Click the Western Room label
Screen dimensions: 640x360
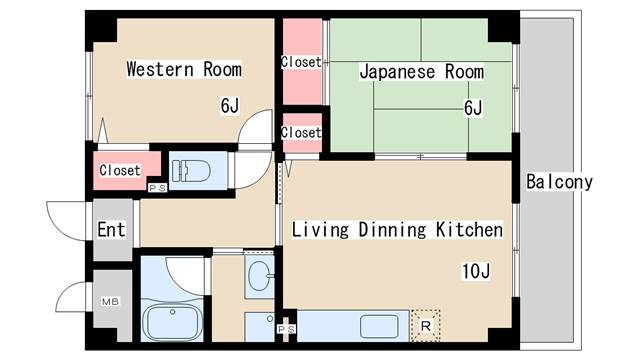[x=184, y=69]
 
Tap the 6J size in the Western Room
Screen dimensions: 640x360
[x=230, y=106]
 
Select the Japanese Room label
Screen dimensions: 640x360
[x=422, y=72]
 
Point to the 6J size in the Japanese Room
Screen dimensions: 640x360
[x=473, y=108]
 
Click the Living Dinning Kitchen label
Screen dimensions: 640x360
[x=397, y=229]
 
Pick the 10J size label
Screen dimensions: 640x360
[x=476, y=271]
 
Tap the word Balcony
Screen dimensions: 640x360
[x=559, y=182]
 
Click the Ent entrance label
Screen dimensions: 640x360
[x=111, y=229]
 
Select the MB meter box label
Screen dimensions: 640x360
[x=110, y=302]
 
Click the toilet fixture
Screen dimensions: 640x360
[x=191, y=171]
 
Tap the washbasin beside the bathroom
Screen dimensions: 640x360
[x=259, y=276]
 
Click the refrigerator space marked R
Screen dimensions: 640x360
[x=425, y=326]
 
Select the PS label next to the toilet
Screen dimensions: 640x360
[x=158, y=188]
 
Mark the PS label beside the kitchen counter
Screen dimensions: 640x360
[x=286, y=329]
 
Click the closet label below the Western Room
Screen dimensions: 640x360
[x=120, y=170]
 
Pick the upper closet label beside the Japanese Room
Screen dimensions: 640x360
[x=302, y=62]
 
